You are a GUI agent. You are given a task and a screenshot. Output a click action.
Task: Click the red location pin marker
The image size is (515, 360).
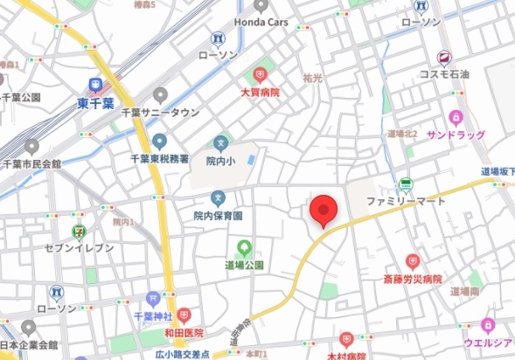(324, 210)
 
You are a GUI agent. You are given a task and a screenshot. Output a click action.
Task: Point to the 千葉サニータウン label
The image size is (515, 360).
(159, 112)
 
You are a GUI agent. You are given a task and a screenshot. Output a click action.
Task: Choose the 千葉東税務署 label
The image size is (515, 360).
(159, 158)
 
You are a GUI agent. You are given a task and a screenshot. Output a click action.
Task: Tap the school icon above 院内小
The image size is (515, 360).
(221, 142)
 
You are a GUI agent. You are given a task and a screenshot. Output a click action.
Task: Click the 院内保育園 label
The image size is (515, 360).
(218, 215)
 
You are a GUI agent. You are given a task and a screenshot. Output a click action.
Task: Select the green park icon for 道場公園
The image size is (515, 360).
(244, 247)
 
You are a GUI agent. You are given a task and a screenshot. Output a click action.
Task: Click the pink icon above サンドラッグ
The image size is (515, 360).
(455, 117)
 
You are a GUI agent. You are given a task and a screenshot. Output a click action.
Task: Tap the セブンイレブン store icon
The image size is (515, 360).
(79, 232)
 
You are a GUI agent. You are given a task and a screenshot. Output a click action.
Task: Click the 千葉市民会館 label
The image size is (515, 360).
(31, 163)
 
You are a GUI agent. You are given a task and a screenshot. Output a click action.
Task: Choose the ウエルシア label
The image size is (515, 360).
(488, 343)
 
